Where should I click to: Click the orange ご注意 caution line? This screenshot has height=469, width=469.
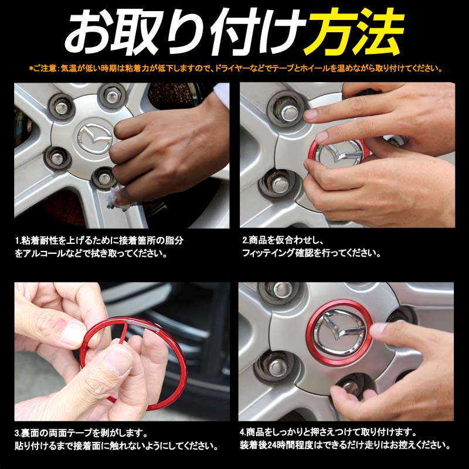tap(235, 69)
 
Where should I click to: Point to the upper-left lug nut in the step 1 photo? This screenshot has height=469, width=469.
tap(62, 106)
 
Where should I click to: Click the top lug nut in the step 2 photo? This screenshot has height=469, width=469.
tap(287, 110)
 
